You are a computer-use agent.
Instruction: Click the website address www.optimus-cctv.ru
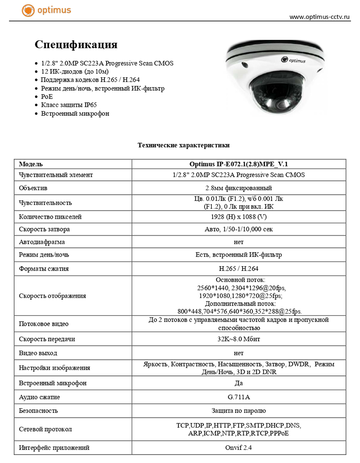320,17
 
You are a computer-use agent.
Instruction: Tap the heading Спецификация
76,45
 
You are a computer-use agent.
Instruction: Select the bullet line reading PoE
47,97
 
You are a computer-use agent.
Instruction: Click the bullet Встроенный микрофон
75,113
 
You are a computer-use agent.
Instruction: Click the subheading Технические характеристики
184,145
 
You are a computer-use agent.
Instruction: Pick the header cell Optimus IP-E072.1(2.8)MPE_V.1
238,164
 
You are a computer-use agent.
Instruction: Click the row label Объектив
33,188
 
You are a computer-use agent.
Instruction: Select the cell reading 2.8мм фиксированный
238,188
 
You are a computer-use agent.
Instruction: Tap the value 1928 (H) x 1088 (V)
238,217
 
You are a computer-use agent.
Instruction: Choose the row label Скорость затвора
44,229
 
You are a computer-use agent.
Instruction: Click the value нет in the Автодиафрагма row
238,242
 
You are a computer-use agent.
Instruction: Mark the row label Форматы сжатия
44,269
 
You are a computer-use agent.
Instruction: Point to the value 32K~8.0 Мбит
238,339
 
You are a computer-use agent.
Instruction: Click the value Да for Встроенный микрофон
238,383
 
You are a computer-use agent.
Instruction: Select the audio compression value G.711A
238,397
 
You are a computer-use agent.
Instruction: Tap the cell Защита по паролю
238,410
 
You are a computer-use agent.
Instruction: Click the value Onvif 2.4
238,448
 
